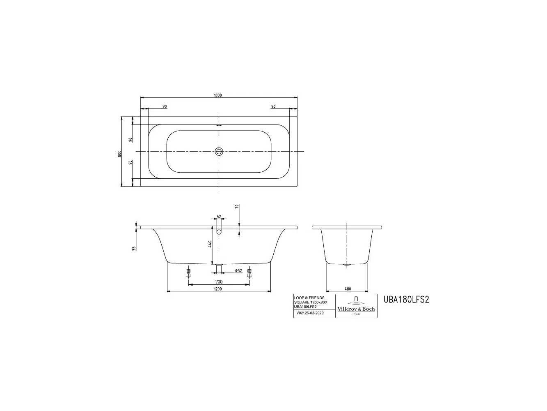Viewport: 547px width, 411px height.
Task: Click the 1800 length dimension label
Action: (x=217, y=95)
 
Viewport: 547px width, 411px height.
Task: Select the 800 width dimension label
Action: (x=119, y=153)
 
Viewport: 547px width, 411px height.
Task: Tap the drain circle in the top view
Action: (x=219, y=151)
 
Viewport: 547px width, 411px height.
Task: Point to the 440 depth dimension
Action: (x=210, y=244)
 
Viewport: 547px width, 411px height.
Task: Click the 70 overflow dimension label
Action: (x=237, y=206)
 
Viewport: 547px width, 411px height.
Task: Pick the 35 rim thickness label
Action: (x=134, y=248)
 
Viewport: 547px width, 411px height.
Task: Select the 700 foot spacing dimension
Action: (x=219, y=282)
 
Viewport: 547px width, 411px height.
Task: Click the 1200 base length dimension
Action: (x=217, y=289)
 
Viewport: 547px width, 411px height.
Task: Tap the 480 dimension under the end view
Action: (x=348, y=289)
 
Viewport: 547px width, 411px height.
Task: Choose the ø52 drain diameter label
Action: (x=238, y=270)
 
